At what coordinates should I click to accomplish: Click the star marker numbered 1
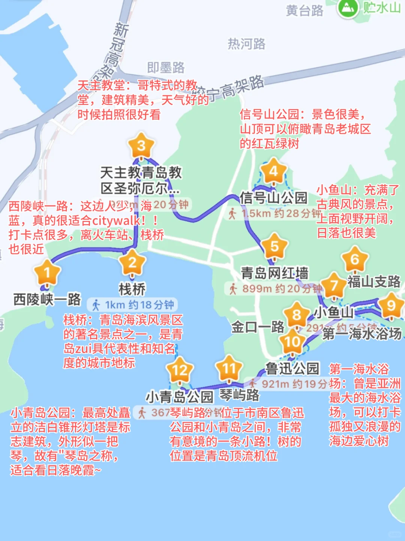[x=47, y=273]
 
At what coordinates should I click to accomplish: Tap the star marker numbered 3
[x=141, y=145]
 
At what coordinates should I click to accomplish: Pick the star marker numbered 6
[x=355, y=259]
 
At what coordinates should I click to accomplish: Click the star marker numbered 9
[x=391, y=306]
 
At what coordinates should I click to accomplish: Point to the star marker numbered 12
[x=180, y=371]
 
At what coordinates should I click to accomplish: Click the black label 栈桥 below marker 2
[x=132, y=289]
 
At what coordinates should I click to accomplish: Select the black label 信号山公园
[x=273, y=198]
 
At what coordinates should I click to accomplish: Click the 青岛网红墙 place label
[x=274, y=273]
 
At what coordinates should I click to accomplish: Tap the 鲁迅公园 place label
[x=292, y=369]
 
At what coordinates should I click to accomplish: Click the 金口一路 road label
[x=258, y=327]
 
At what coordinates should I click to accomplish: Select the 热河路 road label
[x=246, y=44]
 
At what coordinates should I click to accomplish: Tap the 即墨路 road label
[x=166, y=67]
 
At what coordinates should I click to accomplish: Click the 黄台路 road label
[x=304, y=10]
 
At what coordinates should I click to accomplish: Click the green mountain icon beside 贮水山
[x=348, y=7]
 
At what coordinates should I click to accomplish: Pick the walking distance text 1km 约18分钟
[x=139, y=305]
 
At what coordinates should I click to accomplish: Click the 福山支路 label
[x=374, y=282]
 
